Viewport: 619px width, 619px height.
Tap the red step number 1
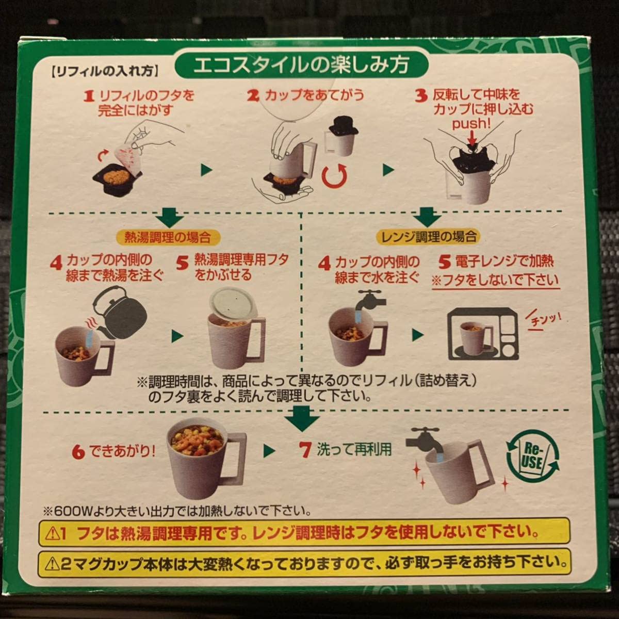[x=89, y=96]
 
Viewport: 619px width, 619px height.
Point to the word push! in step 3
[x=470, y=124]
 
